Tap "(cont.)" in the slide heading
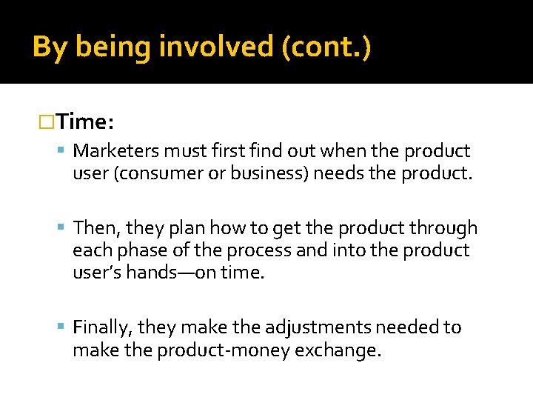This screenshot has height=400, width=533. click(x=326, y=47)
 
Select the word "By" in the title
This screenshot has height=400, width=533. click(x=50, y=47)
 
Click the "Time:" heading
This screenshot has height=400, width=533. click(x=84, y=120)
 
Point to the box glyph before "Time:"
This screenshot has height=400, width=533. click(x=47, y=120)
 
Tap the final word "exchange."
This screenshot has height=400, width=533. click(x=339, y=350)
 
